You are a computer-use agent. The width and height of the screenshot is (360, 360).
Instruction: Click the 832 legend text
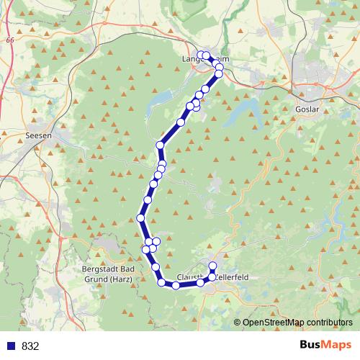click(x=30, y=346)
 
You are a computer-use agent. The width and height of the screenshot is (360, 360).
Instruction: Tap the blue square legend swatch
click(x=12, y=346)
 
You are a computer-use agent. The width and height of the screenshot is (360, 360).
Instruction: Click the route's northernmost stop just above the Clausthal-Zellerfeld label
click(x=212, y=266)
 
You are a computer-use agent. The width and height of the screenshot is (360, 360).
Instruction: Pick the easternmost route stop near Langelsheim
click(x=220, y=68)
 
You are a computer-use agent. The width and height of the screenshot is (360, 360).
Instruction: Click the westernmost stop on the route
click(x=140, y=218)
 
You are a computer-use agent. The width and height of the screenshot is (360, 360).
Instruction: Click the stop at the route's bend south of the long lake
click(x=161, y=145)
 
